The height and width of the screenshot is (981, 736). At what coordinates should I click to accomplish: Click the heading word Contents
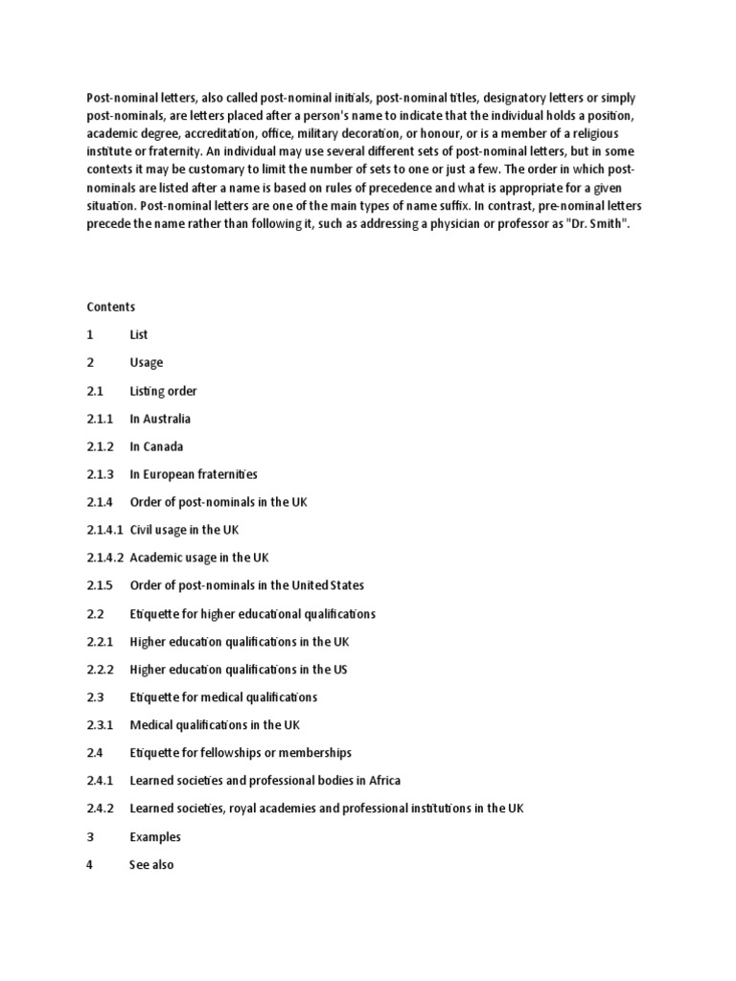111,308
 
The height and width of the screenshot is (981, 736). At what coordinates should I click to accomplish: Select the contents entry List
139,335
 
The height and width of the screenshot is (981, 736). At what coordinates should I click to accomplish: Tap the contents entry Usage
147,363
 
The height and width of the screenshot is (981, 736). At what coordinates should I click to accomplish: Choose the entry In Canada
156,446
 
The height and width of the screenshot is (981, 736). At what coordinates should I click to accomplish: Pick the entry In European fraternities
194,474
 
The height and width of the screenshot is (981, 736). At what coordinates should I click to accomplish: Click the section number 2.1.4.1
104,530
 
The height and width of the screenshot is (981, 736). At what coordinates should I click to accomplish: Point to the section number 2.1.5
100,585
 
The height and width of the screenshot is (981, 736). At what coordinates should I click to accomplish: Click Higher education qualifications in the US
239,670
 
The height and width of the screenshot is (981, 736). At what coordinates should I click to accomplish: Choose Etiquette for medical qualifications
223,697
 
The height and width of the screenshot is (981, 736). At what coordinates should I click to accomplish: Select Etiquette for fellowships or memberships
241,753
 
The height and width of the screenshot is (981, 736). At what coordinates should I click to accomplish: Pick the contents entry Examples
155,836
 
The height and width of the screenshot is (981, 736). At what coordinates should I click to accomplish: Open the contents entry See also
151,865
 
